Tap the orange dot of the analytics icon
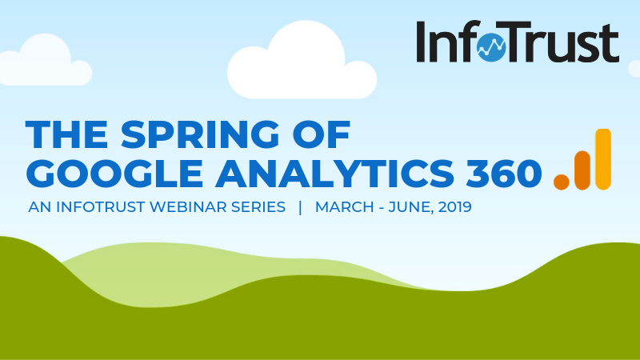point(562,182)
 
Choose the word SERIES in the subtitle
point(257,207)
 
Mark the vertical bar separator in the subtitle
point(300,207)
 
